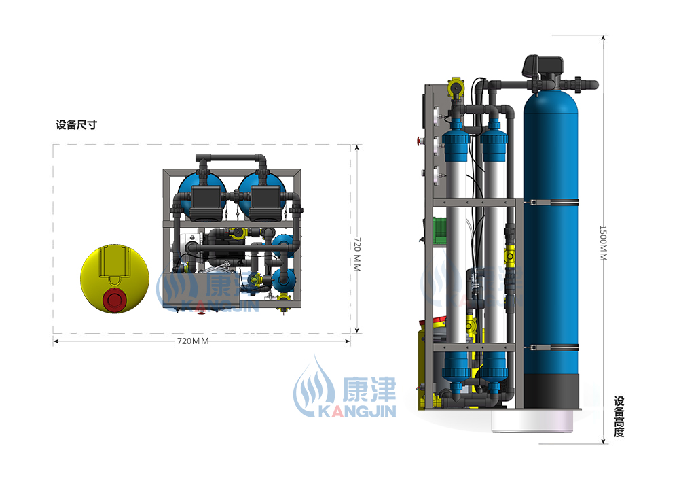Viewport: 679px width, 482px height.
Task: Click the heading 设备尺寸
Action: pos(76,125)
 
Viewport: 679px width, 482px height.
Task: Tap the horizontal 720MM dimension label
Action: pos(193,341)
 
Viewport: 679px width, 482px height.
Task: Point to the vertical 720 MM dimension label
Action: pos(357,254)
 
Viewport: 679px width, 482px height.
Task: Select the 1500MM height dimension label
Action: pos(603,243)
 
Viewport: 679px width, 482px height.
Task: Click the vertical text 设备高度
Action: pos(619,417)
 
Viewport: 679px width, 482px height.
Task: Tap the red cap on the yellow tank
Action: pos(114,300)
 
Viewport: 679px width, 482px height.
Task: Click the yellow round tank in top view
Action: pos(115,278)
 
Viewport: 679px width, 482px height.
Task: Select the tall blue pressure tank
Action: pos(551,234)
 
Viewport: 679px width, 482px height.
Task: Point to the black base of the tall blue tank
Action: pos(551,391)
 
